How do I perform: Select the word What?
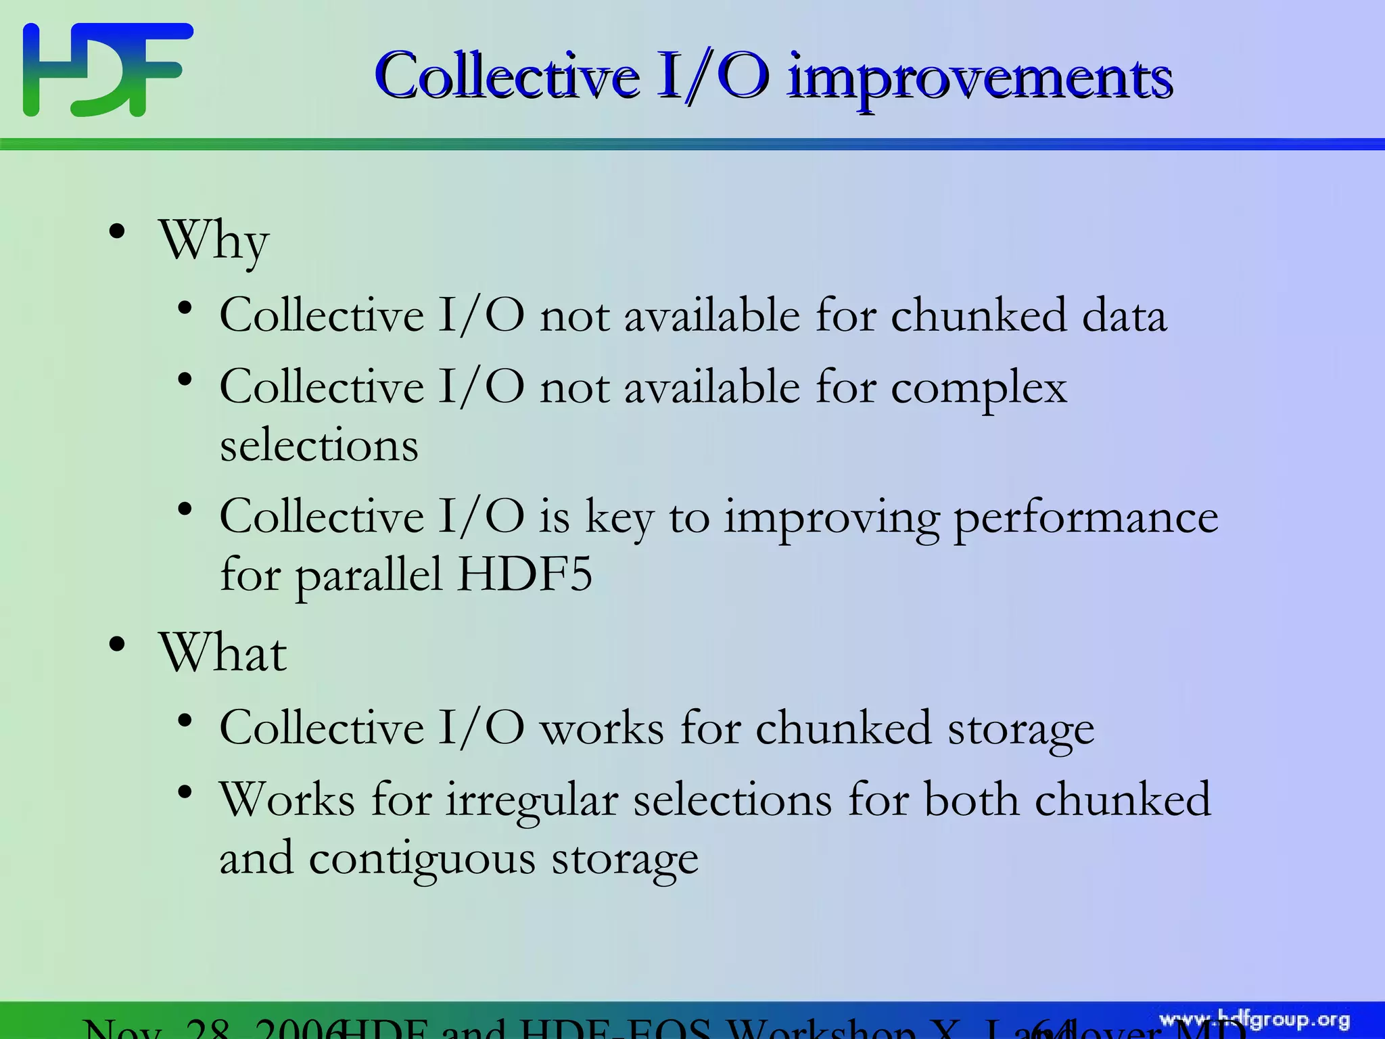pos(222,653)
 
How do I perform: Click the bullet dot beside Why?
pos(117,232)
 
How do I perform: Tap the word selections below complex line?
pos(319,446)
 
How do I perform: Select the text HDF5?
pos(525,575)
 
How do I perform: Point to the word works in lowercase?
pos(602,729)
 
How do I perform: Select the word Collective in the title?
pos(507,76)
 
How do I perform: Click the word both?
pos(972,800)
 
